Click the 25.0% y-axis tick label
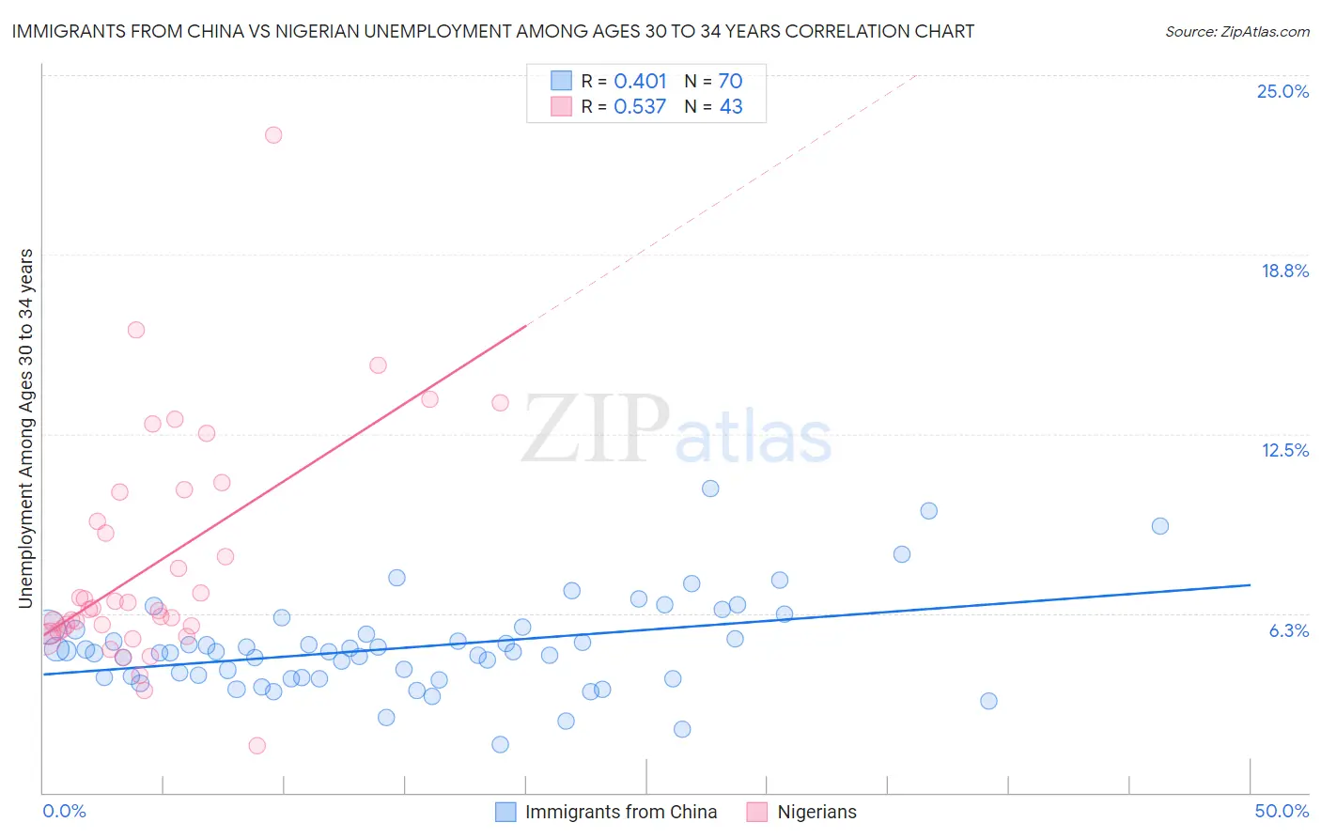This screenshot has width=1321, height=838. (x=1282, y=91)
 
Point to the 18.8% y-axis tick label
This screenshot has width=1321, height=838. (x=1284, y=271)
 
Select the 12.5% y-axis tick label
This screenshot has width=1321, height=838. (x=1284, y=450)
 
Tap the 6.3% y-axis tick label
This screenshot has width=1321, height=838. (x=1288, y=630)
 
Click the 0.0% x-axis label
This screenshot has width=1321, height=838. (x=64, y=811)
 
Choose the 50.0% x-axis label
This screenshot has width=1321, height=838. (x=1282, y=811)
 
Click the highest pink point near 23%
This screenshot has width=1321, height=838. (x=273, y=134)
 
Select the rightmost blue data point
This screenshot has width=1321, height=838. (x=1160, y=526)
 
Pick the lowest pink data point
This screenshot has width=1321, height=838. (x=257, y=746)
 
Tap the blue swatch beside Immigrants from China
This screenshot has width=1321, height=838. (x=505, y=812)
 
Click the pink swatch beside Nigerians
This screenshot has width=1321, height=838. (x=757, y=812)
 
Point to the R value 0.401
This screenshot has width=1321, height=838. (x=640, y=82)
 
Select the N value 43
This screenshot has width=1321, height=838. (x=731, y=107)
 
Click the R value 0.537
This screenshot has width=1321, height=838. (x=640, y=107)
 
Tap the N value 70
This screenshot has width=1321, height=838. (x=730, y=82)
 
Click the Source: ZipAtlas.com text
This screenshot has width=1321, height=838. (x=1237, y=31)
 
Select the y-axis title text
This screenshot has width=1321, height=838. (x=25, y=428)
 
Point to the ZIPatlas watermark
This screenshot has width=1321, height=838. (x=676, y=430)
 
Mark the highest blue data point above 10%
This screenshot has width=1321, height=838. (x=710, y=489)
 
